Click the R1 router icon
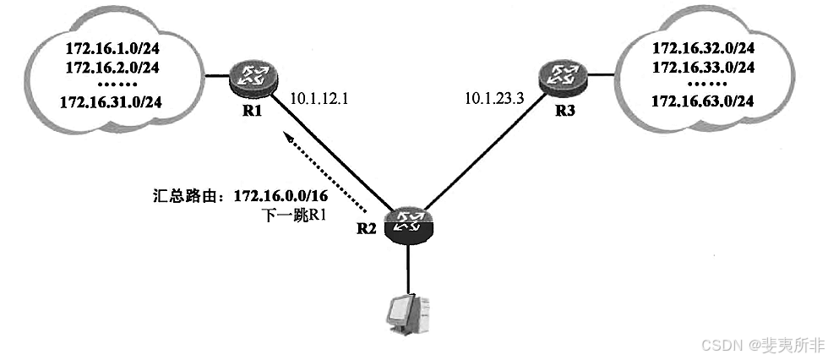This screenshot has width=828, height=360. click(x=250, y=77)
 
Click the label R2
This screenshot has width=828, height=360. click(x=365, y=227)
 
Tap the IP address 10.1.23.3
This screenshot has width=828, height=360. click(x=495, y=98)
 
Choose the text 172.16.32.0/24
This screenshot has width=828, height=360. click(x=704, y=48)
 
